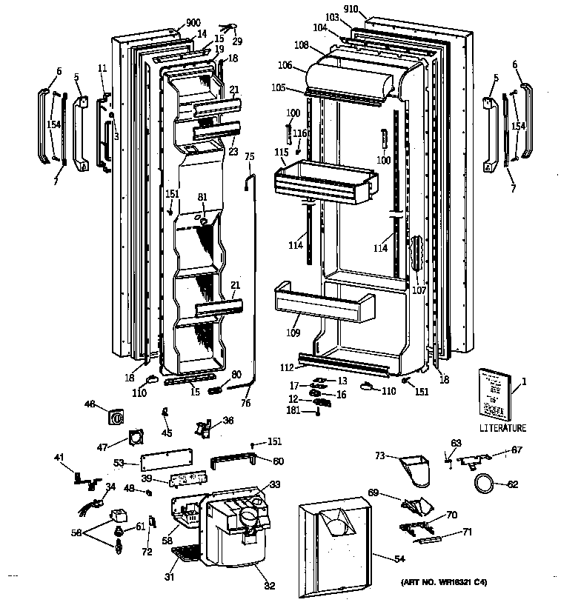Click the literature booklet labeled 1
click(494, 393)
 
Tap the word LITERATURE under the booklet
click(502, 428)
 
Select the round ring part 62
click(485, 485)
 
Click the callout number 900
click(173, 24)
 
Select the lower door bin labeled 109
click(323, 304)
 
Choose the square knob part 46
click(116, 417)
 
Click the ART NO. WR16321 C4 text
click(445, 582)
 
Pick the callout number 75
click(249, 156)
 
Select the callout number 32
click(269, 586)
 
